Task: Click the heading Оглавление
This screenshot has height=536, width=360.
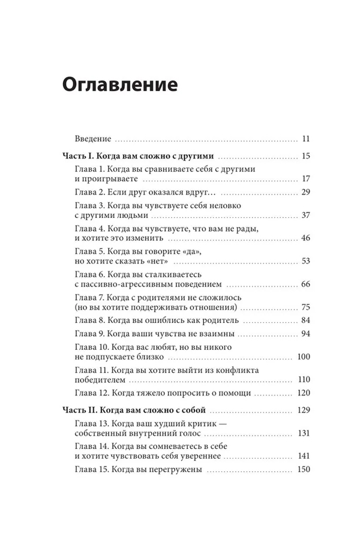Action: [x=119, y=83]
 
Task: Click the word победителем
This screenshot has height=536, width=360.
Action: [x=101, y=380]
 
